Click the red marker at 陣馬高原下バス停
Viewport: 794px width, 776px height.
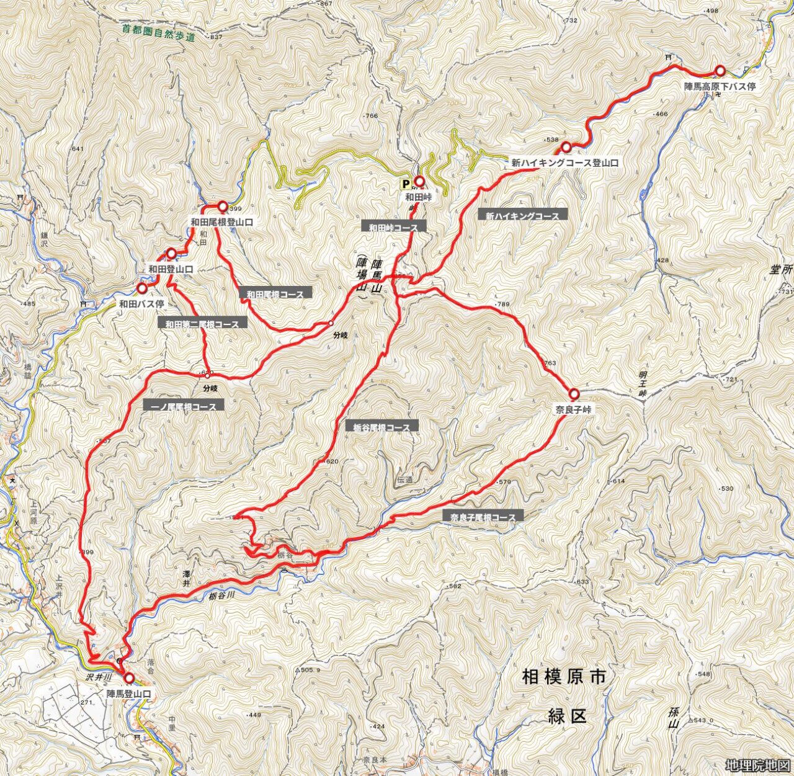(x=720, y=71)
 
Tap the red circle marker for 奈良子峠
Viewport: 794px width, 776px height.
(x=574, y=394)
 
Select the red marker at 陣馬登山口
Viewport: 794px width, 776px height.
(x=129, y=678)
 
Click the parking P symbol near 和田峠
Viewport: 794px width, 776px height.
(x=406, y=184)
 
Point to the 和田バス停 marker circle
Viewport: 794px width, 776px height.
(x=142, y=288)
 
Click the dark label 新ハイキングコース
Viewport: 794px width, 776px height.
(x=522, y=216)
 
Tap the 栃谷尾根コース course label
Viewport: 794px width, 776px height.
(x=381, y=427)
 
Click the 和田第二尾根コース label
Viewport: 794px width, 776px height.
(x=202, y=324)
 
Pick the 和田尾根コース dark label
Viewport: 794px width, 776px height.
(x=275, y=294)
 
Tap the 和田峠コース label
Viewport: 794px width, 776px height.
(x=393, y=227)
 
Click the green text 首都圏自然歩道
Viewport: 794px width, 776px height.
(x=158, y=32)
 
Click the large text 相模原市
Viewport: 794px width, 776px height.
(x=564, y=677)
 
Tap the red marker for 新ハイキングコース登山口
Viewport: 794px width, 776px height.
(x=566, y=148)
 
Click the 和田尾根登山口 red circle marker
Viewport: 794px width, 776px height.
(x=222, y=207)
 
